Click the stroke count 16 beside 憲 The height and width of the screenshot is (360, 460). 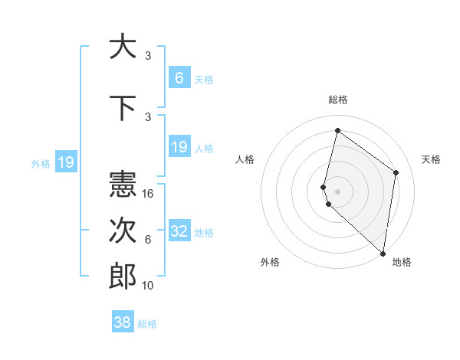click(x=148, y=194)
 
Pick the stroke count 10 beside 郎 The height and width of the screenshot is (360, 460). click(x=148, y=286)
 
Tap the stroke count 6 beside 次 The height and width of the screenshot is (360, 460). click(x=148, y=240)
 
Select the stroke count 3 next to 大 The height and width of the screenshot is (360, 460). click(x=148, y=56)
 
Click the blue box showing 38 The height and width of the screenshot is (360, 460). click(x=123, y=322)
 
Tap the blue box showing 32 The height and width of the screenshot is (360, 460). click(x=179, y=231)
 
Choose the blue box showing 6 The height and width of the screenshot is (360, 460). click(x=179, y=77)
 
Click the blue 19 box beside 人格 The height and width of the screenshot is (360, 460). click(x=179, y=146)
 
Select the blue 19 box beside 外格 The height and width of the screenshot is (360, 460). click(x=65, y=162)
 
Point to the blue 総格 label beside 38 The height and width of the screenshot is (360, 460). click(x=147, y=324)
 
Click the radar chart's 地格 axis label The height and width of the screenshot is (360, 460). click(x=402, y=263)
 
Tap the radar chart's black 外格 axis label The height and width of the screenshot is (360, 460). click(x=270, y=263)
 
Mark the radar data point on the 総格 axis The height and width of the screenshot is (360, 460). click(x=337, y=130)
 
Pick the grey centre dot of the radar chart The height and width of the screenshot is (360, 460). click(x=337, y=190)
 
